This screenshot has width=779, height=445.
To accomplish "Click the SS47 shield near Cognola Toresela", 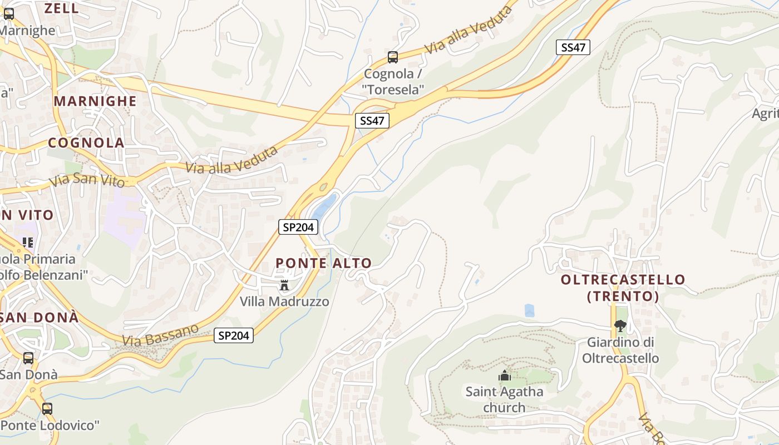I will click(372, 121).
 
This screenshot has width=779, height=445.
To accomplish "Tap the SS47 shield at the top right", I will click(573, 47).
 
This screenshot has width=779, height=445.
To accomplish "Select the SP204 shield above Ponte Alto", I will click(298, 227).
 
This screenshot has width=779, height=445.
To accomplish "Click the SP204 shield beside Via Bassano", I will click(234, 335).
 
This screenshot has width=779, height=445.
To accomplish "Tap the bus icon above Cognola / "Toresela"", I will click(392, 57).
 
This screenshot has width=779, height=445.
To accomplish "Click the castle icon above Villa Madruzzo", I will click(284, 286).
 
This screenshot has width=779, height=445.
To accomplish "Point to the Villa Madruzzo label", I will click(284, 301).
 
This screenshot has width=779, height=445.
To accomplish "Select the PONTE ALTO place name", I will click(323, 264).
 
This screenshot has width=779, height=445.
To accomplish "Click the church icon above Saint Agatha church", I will click(505, 375).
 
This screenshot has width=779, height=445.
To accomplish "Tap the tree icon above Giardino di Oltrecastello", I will click(620, 326).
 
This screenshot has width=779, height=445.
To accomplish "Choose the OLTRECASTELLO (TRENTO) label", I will click(623, 288).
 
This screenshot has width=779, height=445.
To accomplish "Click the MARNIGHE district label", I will click(95, 101).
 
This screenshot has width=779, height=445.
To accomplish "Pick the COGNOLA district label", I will click(86, 142).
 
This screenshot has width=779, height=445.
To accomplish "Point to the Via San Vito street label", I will click(86, 180).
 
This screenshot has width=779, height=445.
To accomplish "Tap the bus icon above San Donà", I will click(28, 358).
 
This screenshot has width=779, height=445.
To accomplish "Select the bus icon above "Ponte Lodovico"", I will click(47, 409).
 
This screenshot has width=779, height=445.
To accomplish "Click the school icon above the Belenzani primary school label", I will click(28, 243).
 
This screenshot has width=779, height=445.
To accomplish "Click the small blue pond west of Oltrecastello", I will click(529, 310).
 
